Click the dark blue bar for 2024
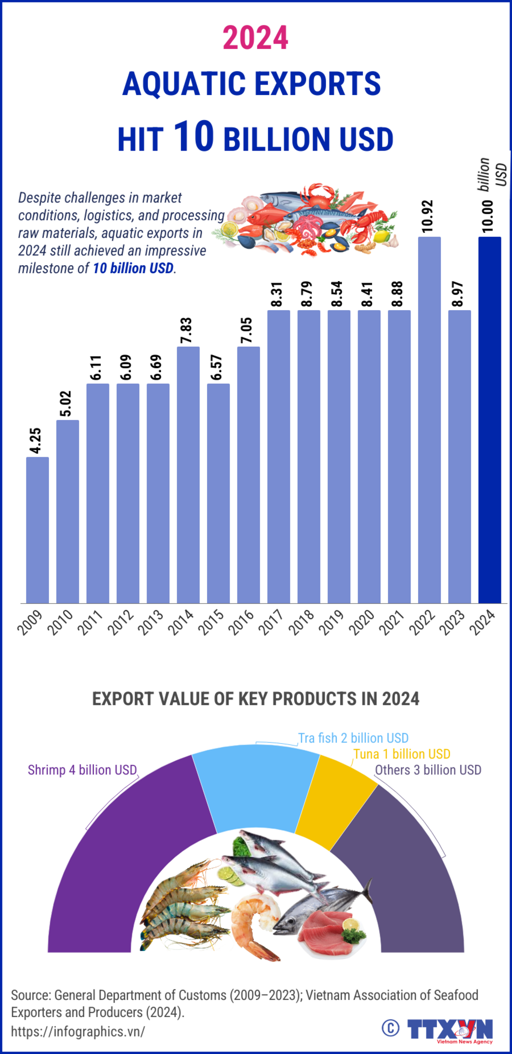tap(489, 420)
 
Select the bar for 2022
tap(429, 420)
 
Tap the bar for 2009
tap(37, 530)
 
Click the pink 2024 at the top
tap(255, 38)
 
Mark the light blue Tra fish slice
tap(255, 785)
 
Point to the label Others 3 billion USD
tap(428, 770)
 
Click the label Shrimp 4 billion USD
tap(82, 770)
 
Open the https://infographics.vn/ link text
tap(78, 1031)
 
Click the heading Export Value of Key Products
tap(255, 699)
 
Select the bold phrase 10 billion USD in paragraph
tap(133, 268)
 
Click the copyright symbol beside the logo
tap(390, 1028)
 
